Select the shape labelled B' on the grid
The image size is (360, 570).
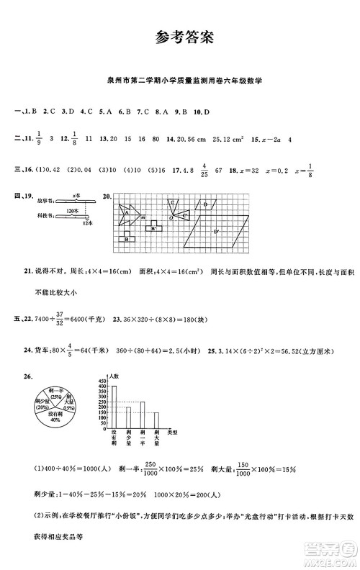pos(153,229)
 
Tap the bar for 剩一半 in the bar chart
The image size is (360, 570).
pos(143,417)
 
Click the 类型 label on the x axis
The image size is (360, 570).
pos(172,430)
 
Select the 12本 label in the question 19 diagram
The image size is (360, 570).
pos(88,223)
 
